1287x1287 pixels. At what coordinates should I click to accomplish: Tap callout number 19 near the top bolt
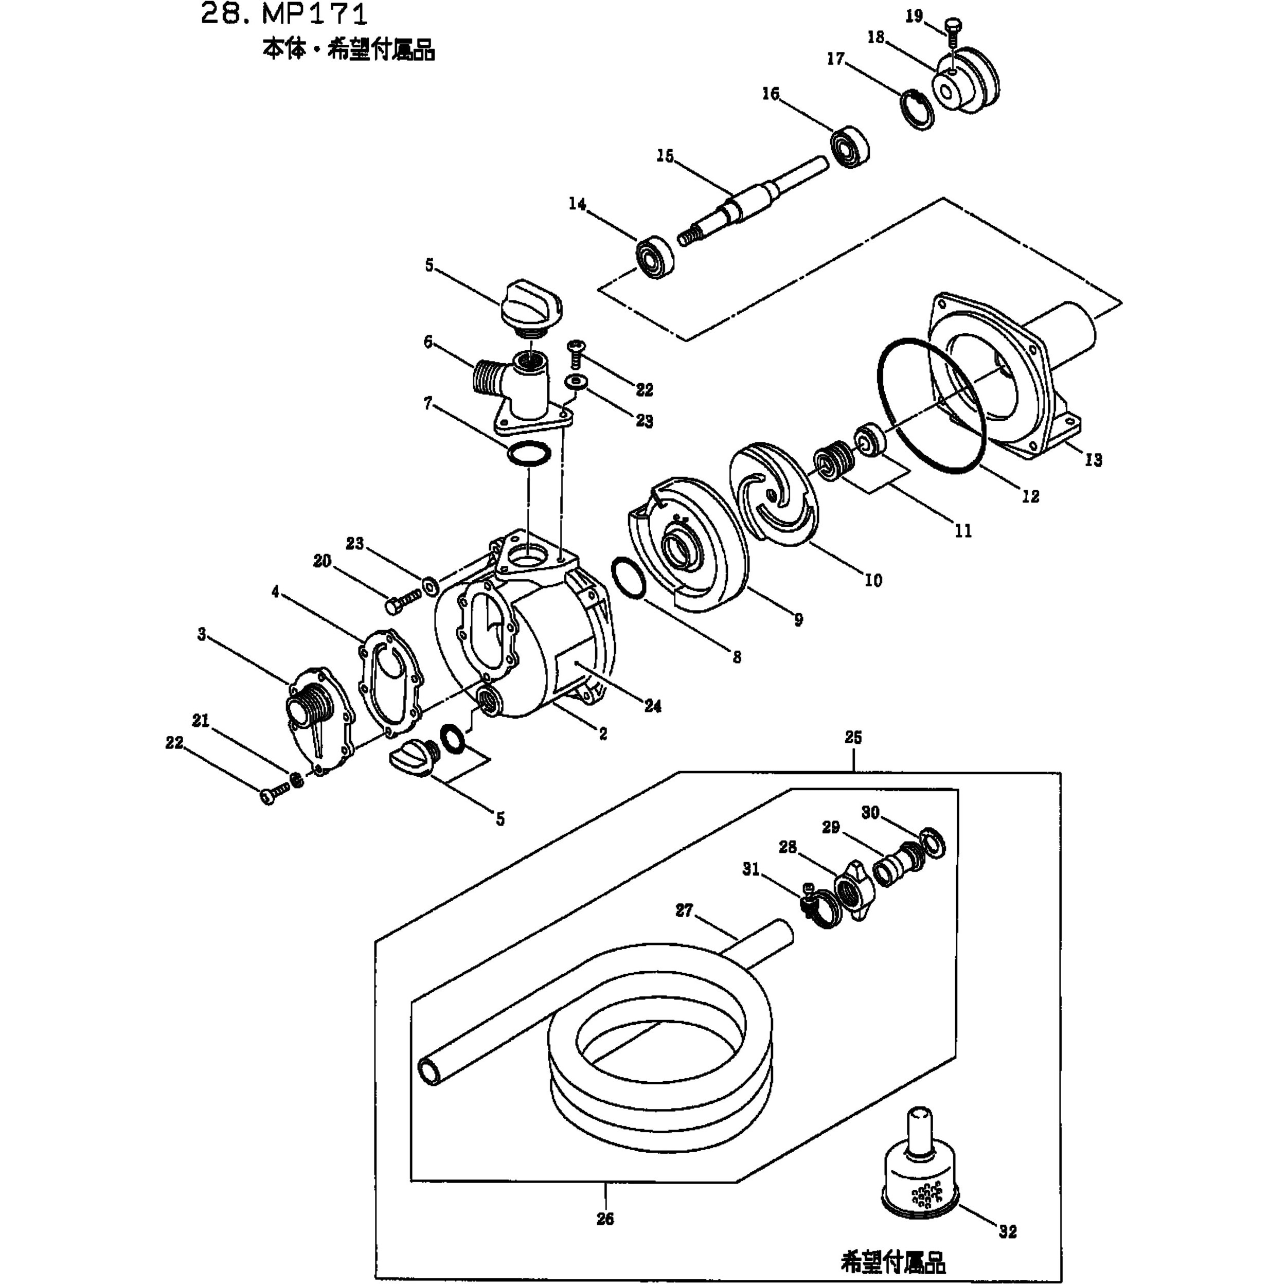(x=914, y=16)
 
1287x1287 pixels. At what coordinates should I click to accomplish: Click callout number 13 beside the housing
(x=1093, y=460)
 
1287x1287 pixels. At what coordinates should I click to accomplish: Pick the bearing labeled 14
(x=656, y=257)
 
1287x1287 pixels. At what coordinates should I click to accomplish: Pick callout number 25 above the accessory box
(x=853, y=738)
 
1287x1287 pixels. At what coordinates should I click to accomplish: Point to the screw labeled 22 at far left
(x=276, y=793)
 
